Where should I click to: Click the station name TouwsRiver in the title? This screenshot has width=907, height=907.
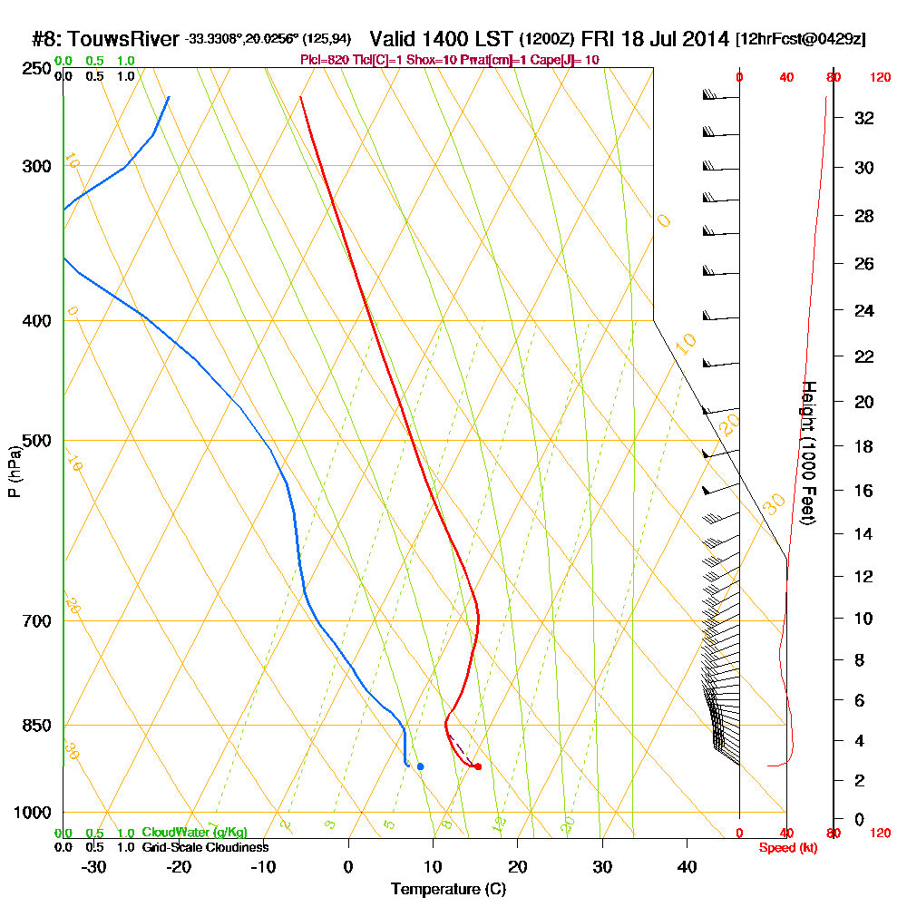point(122,39)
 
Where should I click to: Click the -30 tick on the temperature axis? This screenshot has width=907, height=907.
point(94,866)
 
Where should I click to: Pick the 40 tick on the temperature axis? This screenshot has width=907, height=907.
point(687,866)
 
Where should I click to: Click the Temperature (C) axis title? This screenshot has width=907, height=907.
point(448,890)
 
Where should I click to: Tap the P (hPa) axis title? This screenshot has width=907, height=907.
point(15,471)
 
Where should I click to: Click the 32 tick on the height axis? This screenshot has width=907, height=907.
point(864,118)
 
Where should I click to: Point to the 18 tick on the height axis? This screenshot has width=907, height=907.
point(864,446)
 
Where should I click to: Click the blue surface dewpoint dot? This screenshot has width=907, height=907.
point(420,766)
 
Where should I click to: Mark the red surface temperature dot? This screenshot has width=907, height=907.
point(478,766)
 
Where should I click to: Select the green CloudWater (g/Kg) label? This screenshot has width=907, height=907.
point(194,833)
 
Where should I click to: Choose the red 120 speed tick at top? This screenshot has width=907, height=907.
point(879,78)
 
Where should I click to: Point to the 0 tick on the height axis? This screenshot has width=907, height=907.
point(859,819)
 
